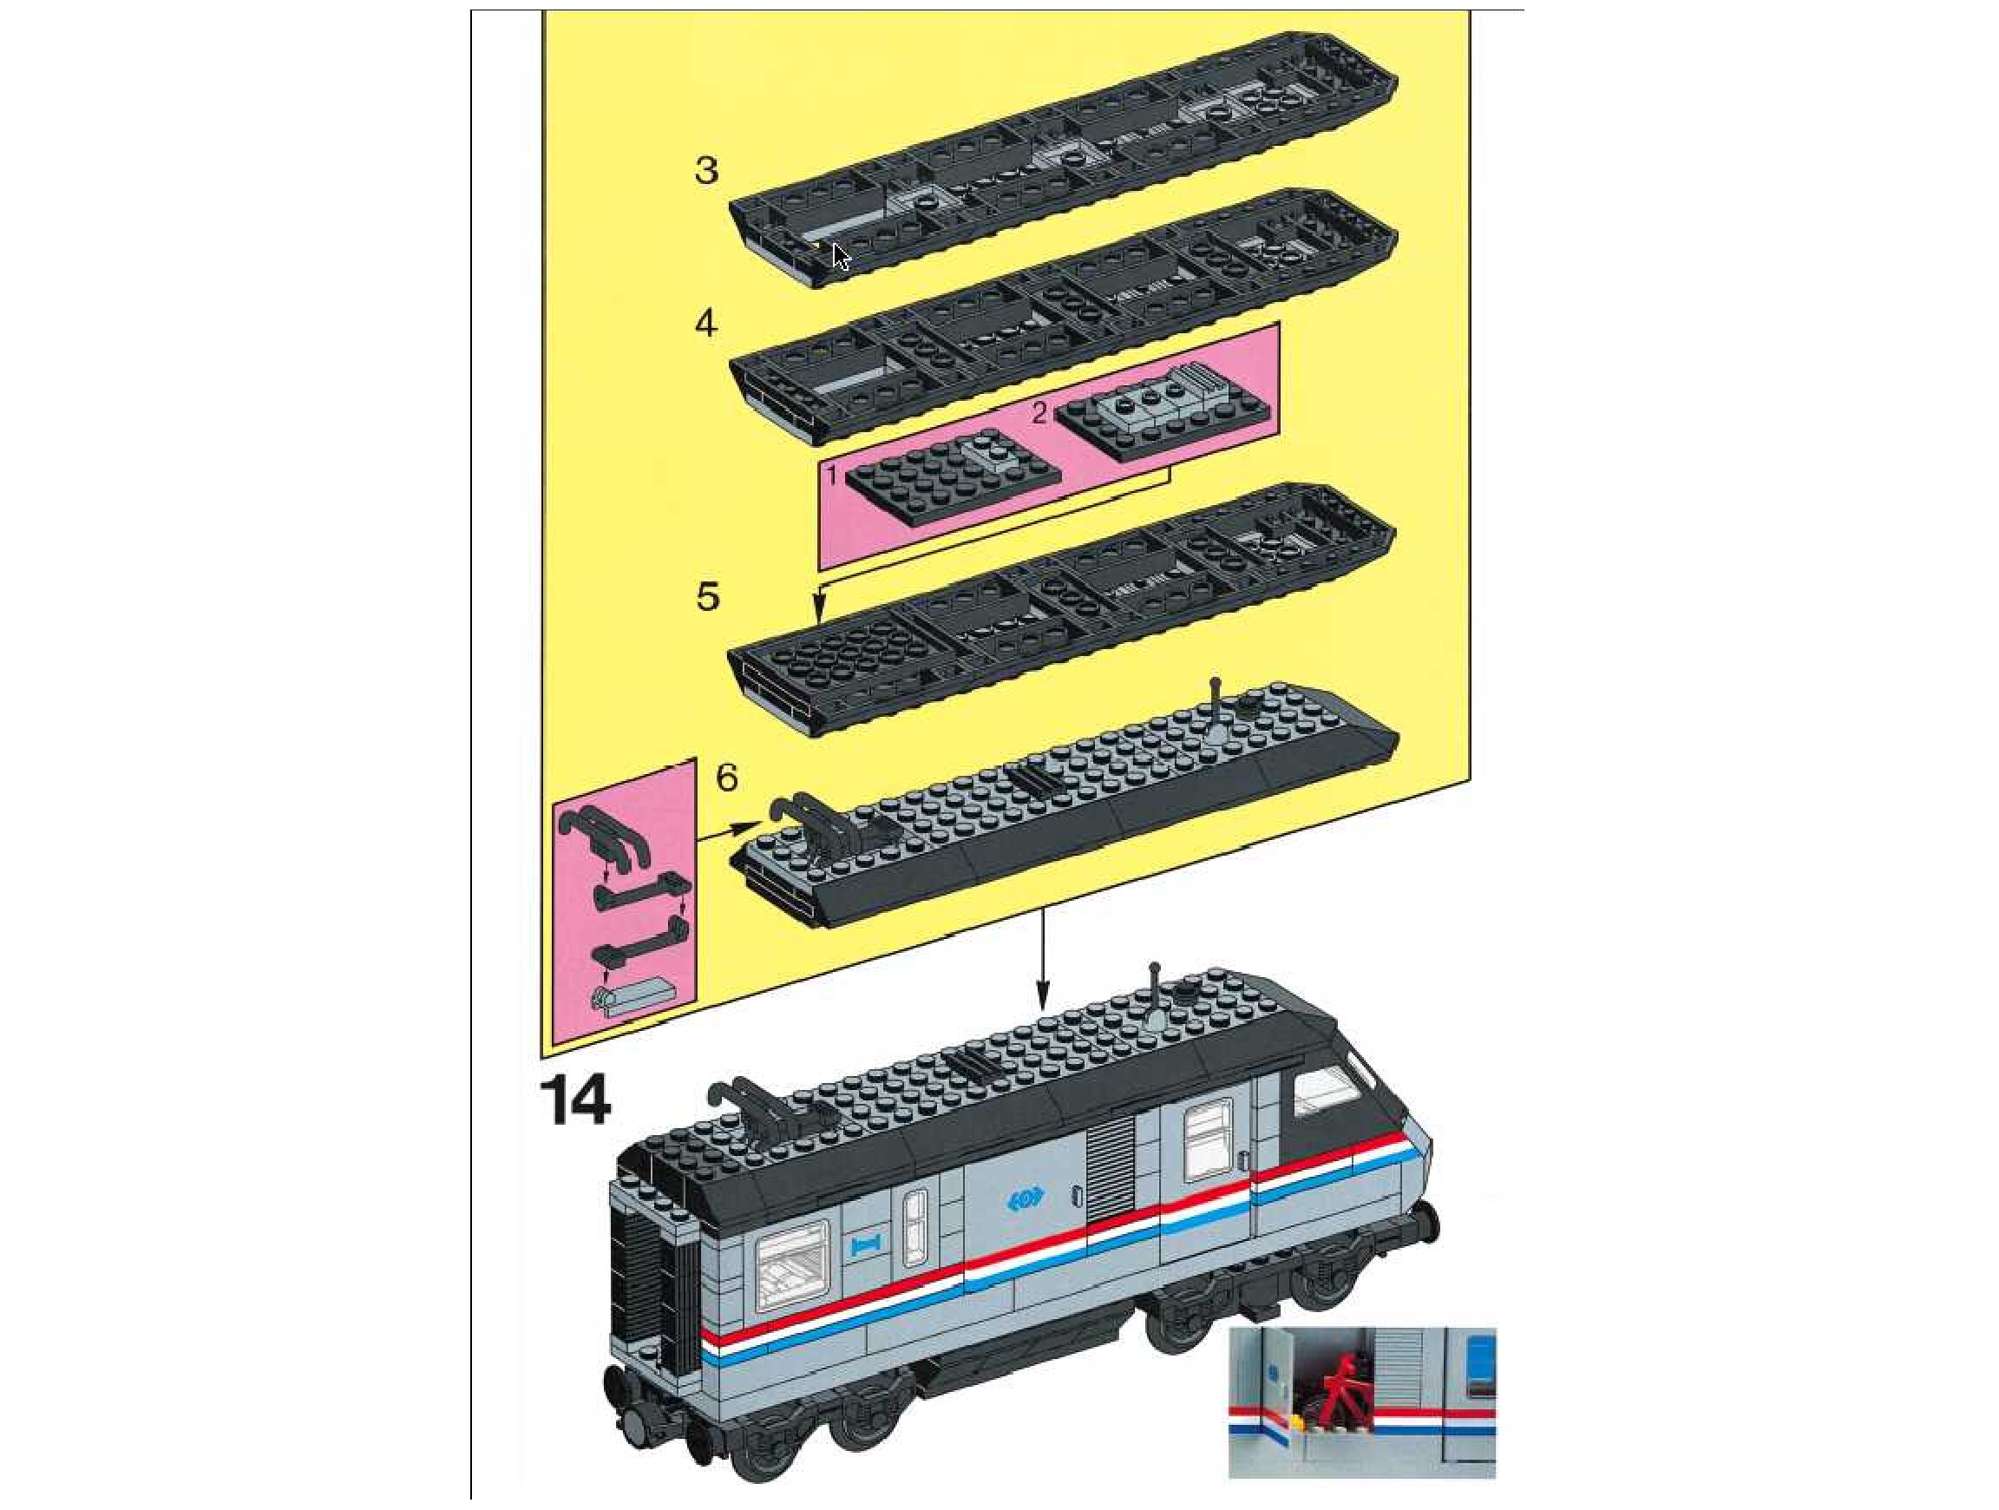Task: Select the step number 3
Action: [707, 169]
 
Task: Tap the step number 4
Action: [707, 323]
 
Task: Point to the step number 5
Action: [708, 596]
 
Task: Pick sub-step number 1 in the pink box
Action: [832, 472]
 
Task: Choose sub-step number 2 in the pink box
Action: [1039, 413]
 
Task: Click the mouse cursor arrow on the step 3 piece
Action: [841, 257]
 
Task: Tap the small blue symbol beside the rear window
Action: [866, 1246]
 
